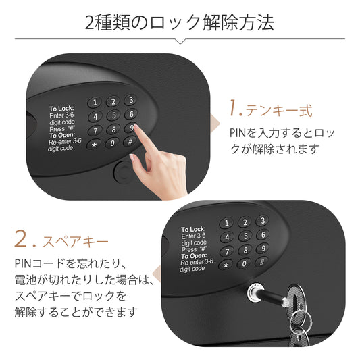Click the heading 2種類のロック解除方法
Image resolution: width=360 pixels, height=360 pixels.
pos(180,22)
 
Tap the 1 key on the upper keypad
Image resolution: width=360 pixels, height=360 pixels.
pos(95,103)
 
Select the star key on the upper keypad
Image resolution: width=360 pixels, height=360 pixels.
pos(94,145)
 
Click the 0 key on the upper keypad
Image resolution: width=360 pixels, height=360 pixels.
pos(112,143)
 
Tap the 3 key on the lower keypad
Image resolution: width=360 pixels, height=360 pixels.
pos(263,221)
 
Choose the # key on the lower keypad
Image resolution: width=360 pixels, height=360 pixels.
pos(262,262)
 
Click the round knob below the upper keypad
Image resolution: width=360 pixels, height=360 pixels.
pos(124,172)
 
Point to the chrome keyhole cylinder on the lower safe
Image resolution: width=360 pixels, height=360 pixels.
pos(255,292)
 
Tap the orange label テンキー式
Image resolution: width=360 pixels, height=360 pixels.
pos(279,111)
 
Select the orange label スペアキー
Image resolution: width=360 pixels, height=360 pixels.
pos(75,242)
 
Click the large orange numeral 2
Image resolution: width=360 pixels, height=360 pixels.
pos(21,238)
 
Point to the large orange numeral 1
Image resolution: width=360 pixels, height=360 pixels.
pos(234,107)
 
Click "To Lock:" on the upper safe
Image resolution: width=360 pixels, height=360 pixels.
pos(61,108)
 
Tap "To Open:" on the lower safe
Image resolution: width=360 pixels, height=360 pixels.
pos(194,256)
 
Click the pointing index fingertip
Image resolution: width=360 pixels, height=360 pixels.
pos(136,126)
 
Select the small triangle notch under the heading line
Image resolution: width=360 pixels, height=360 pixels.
pos(180,41)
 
